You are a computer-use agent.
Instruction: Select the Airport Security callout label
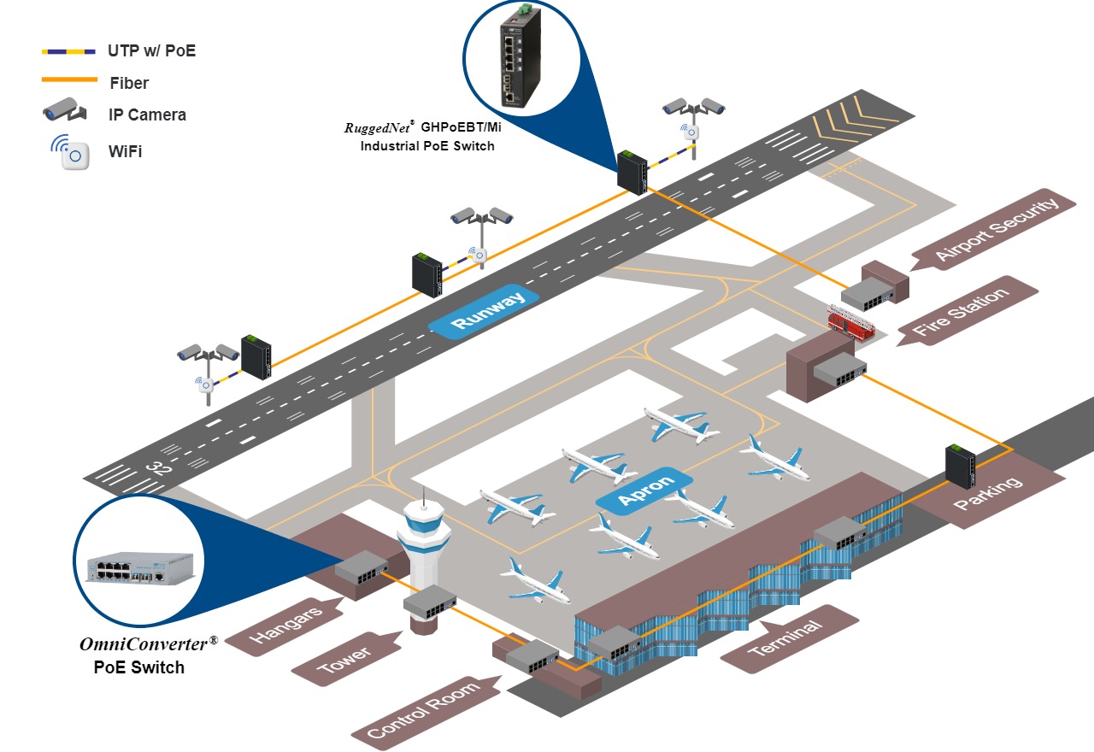(996, 229)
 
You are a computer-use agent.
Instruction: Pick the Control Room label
(422, 708)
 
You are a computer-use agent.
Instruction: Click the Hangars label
(285, 625)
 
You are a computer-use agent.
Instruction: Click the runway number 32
(158, 467)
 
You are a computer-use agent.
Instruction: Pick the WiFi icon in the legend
(72, 152)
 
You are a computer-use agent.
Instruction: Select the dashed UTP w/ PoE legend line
(69, 51)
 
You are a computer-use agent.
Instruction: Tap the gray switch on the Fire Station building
(840, 369)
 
